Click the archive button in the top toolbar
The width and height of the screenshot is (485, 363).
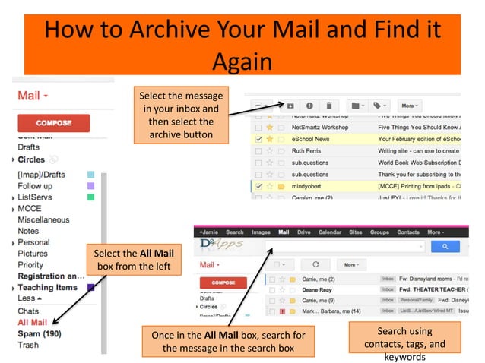point(290,106)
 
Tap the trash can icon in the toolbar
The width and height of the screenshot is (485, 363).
point(328,106)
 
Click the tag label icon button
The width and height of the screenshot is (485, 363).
point(380,106)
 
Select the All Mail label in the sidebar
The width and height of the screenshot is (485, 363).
point(33,322)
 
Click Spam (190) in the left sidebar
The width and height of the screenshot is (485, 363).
point(39,333)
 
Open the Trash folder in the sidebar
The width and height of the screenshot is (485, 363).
point(28,345)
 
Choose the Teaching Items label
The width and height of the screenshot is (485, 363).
point(47,288)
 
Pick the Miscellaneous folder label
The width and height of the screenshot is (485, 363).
point(43,219)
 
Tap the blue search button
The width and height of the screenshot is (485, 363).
point(439,246)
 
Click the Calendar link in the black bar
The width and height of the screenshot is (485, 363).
point(330,232)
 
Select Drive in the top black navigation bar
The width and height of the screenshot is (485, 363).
point(303,232)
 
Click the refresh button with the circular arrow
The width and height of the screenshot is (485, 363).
point(315,265)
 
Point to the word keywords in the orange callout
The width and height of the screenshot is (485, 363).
point(405,356)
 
